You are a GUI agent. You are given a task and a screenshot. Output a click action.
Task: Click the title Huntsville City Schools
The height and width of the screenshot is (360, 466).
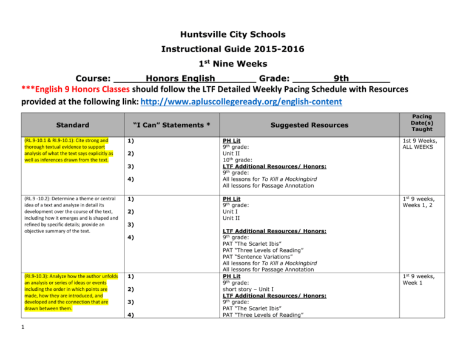click(233, 35)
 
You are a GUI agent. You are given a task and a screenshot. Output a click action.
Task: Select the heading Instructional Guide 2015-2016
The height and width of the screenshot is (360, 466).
click(233, 50)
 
